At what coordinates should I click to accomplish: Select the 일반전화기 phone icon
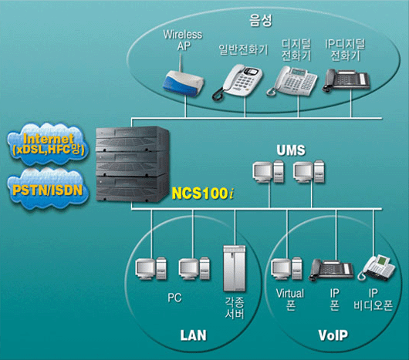[237, 82]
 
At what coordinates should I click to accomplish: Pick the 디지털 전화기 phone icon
[292, 81]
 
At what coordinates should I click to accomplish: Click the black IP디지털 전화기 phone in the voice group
[346, 80]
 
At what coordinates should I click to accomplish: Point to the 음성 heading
[261, 21]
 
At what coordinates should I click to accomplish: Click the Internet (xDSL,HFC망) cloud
[49, 144]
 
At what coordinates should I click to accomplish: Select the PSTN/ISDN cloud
[48, 190]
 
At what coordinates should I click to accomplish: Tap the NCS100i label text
[203, 193]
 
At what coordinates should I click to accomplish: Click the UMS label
[291, 150]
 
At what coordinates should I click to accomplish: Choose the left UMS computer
[268, 172]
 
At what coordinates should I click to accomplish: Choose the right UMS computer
[309, 172]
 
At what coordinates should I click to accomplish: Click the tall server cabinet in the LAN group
[235, 268]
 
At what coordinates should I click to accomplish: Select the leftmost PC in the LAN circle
[150, 268]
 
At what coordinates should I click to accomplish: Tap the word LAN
[193, 335]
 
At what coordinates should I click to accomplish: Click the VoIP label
[333, 335]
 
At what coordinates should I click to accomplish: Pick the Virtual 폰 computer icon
[286, 268]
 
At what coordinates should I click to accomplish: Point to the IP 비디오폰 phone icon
[377, 267]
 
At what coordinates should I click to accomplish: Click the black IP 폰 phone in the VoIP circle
[331, 270]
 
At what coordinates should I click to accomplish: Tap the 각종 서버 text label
[235, 308]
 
